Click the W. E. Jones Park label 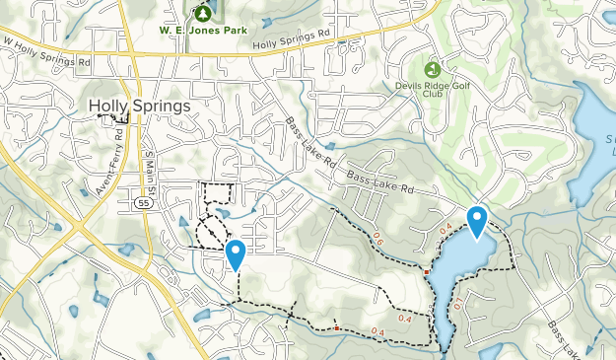(203, 31)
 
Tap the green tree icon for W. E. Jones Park (203, 14)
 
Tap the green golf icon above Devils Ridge (432, 70)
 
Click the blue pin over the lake (477, 221)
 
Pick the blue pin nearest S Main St (236, 254)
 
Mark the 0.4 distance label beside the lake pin (445, 229)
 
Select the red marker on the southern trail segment (336, 327)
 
